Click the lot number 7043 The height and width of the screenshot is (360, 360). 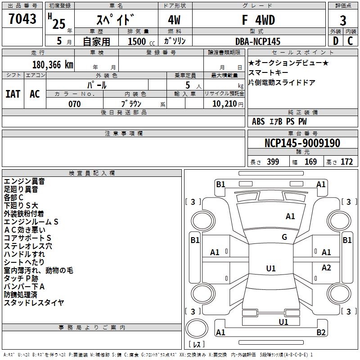pos(22,19)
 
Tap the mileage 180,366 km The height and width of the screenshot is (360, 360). pos(53,64)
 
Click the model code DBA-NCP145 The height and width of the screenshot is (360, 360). pos(258,41)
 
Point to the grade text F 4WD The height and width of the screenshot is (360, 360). pos(258,20)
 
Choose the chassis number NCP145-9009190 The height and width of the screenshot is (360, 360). pos(302,143)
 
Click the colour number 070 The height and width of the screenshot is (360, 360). pos(75,104)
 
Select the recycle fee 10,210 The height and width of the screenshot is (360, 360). pos(224,104)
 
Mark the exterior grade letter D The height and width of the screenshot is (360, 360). pos(335,41)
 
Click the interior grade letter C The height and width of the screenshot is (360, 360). pos(350,41)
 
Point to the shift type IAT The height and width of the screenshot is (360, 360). pos(13,94)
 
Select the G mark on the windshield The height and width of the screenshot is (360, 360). pos(284,237)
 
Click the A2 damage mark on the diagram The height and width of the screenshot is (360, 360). pos(326,268)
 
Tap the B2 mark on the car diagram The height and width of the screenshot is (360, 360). pos(321,333)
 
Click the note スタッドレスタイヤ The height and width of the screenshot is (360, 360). pos(34,303)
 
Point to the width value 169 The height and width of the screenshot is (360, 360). pos(310,162)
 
